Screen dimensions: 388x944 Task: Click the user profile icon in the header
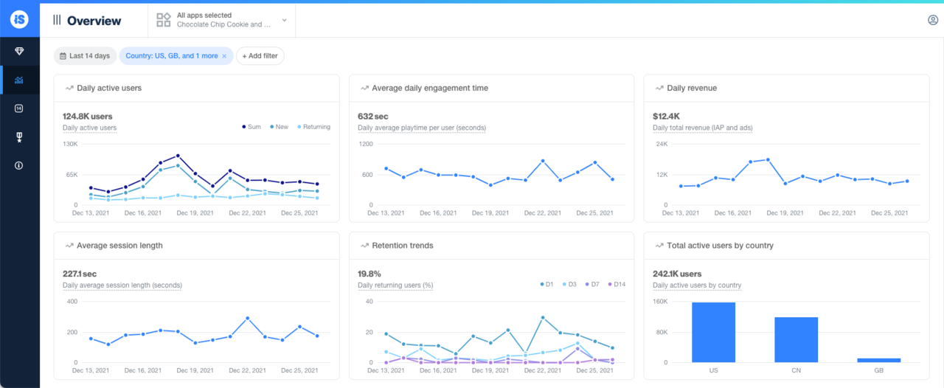933,20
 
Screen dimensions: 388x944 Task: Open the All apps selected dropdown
221,20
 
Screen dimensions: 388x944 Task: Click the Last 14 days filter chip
85,56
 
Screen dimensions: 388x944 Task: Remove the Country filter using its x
224,56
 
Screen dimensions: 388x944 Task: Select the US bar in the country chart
713,332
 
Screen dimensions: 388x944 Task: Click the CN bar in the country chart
796,339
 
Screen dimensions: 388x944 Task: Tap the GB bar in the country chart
878,360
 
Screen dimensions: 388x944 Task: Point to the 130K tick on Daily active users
71,144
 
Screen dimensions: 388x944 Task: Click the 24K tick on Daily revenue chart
662,144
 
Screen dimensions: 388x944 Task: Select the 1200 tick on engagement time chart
367,144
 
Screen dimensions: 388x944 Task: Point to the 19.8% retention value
369,274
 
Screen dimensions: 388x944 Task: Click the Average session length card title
119,246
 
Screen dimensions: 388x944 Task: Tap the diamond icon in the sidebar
19,52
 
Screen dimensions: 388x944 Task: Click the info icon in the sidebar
19,165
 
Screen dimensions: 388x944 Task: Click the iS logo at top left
19,19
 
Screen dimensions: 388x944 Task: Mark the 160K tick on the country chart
660,302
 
